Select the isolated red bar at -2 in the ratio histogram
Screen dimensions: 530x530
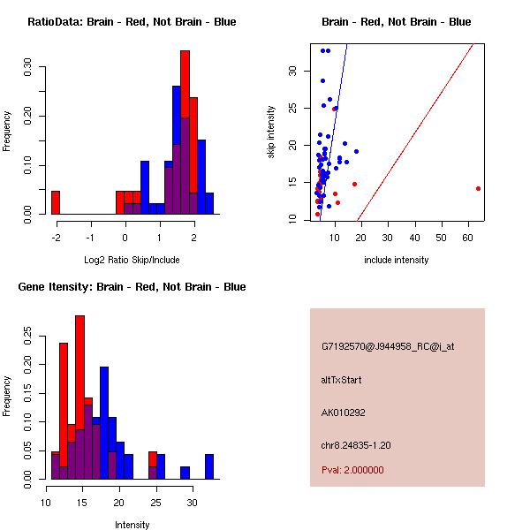pyautogui.click(x=56, y=202)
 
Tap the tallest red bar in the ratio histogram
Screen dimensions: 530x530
pyautogui.click(x=185, y=132)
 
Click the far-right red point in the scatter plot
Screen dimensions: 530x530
pyautogui.click(x=478, y=188)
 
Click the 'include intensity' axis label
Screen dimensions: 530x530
pyautogui.click(x=396, y=260)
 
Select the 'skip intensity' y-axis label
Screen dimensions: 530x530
pyautogui.click(x=271, y=132)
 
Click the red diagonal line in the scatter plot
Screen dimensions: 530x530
pyautogui.click(x=415, y=132)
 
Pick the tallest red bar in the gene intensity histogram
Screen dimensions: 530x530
pyautogui.click(x=79, y=397)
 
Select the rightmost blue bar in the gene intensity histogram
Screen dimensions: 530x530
pyautogui.click(x=209, y=466)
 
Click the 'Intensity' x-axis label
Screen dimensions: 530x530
pyautogui.click(x=132, y=525)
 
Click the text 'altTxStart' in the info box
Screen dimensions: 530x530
pyautogui.click(x=341, y=380)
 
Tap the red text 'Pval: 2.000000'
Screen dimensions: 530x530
pyautogui.click(x=352, y=470)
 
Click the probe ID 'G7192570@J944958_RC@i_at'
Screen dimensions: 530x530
pyautogui.click(x=388, y=347)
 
